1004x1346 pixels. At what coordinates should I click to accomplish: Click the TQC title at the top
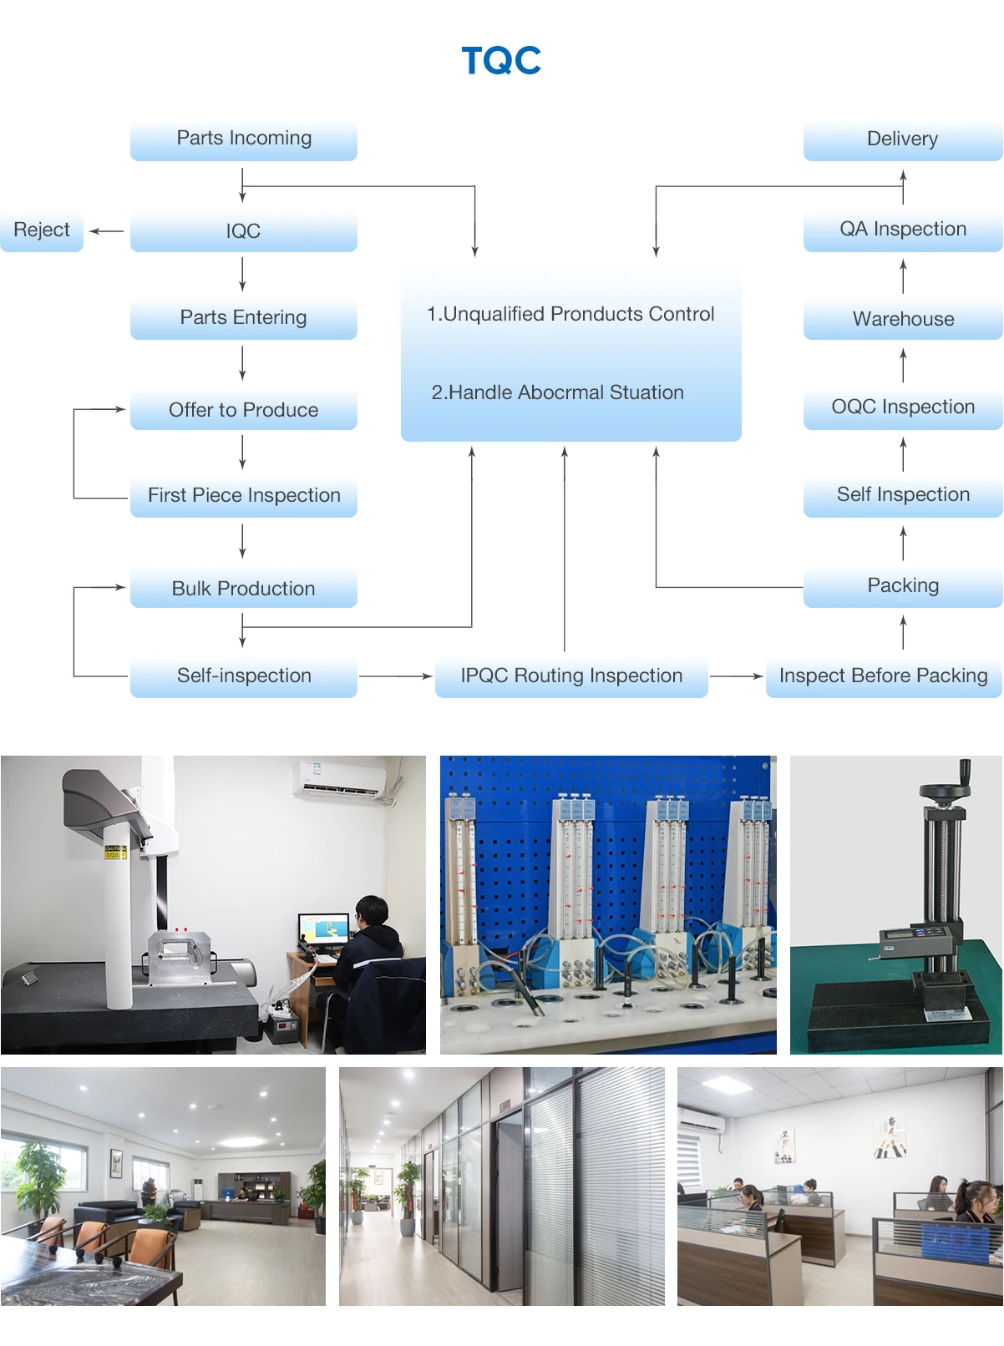(x=501, y=61)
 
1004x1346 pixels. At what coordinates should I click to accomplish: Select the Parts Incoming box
(x=244, y=139)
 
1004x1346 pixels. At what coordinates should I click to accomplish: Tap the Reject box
(x=42, y=230)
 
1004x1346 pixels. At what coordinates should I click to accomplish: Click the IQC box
(x=244, y=231)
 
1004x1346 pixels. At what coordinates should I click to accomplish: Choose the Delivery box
(x=902, y=139)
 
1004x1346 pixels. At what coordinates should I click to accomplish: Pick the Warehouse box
(x=903, y=320)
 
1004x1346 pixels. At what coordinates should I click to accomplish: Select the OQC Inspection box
(x=903, y=407)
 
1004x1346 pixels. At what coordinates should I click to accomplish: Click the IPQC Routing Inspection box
(x=571, y=676)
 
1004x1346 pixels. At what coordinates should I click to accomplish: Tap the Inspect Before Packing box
(x=883, y=676)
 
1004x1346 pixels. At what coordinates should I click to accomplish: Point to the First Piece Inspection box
(x=244, y=496)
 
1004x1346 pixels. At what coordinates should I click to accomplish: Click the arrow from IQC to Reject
(x=106, y=231)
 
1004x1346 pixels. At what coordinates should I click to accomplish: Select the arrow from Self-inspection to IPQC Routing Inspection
(x=395, y=676)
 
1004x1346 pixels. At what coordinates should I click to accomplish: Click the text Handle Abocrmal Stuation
(x=557, y=392)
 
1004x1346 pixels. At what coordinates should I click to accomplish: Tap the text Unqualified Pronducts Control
(x=570, y=314)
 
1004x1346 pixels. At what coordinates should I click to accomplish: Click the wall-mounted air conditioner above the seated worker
(x=338, y=778)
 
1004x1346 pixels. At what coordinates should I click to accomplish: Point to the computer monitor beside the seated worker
(x=323, y=930)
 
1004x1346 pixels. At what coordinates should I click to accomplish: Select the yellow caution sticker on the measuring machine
(x=114, y=852)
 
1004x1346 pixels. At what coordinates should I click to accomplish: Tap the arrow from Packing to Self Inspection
(x=903, y=544)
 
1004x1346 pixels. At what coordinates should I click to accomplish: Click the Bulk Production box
(x=244, y=590)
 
